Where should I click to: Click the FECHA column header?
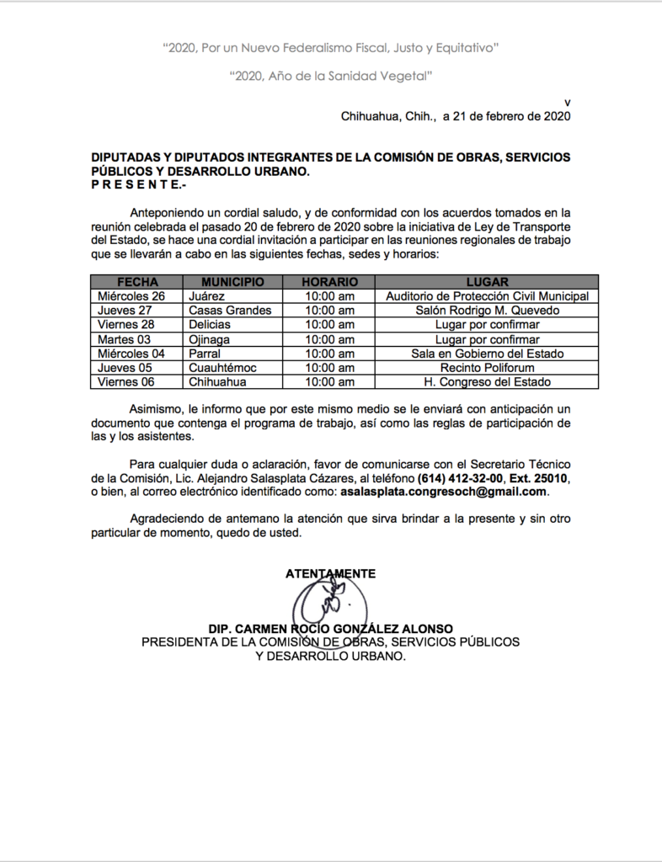(137, 282)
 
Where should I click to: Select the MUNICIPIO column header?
(232, 282)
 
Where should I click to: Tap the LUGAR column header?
(487, 282)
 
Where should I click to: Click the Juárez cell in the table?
(207, 296)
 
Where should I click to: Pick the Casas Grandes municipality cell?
(230, 311)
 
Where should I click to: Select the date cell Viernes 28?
(126, 325)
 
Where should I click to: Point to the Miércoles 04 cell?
(131, 354)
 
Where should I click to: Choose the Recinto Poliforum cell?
(487, 368)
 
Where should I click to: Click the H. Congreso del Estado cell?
(487, 382)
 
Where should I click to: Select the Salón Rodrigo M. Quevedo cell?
(487, 311)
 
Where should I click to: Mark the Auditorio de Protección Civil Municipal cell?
(487, 296)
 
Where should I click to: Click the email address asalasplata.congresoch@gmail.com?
(444, 492)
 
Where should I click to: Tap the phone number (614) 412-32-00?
(460, 478)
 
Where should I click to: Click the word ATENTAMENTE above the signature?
(330, 573)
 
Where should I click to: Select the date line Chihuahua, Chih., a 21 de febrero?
(456, 117)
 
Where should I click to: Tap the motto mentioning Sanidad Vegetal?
(331, 77)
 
